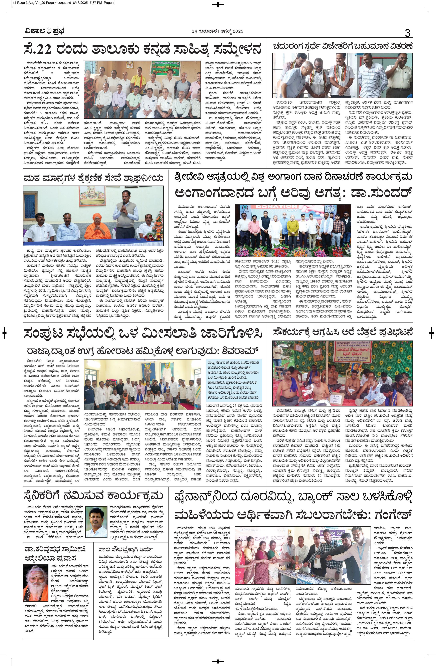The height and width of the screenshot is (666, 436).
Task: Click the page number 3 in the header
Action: (x=407, y=33)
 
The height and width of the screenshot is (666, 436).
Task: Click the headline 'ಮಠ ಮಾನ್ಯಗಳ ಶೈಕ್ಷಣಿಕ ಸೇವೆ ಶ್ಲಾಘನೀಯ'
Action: (x=93, y=177)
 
